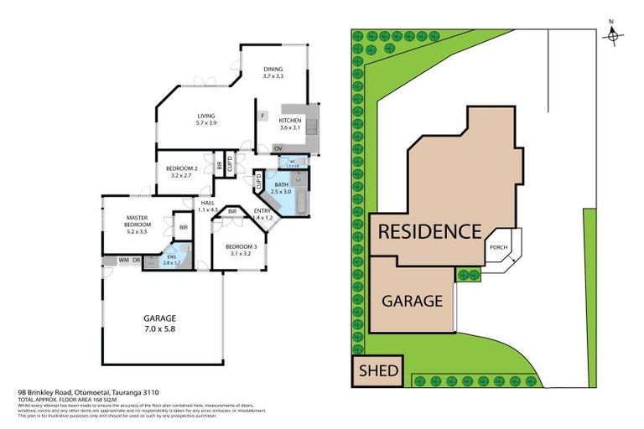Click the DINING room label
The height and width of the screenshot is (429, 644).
[x=274, y=69]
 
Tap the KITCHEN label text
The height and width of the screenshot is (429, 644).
[x=289, y=120]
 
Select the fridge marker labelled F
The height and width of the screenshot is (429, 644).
[x=262, y=116]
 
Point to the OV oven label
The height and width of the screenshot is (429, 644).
[x=278, y=148]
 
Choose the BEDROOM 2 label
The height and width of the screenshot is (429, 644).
[x=182, y=167]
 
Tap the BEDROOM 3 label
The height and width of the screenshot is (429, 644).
[x=239, y=246]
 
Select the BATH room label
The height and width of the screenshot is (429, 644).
[x=282, y=184]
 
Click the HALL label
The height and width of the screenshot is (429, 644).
[x=208, y=203]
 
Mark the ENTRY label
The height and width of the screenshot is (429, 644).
[x=262, y=211]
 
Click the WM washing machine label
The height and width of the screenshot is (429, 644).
[x=122, y=261]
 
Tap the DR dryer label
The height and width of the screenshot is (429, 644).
[x=135, y=261]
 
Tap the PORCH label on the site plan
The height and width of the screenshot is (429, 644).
[x=497, y=246]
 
